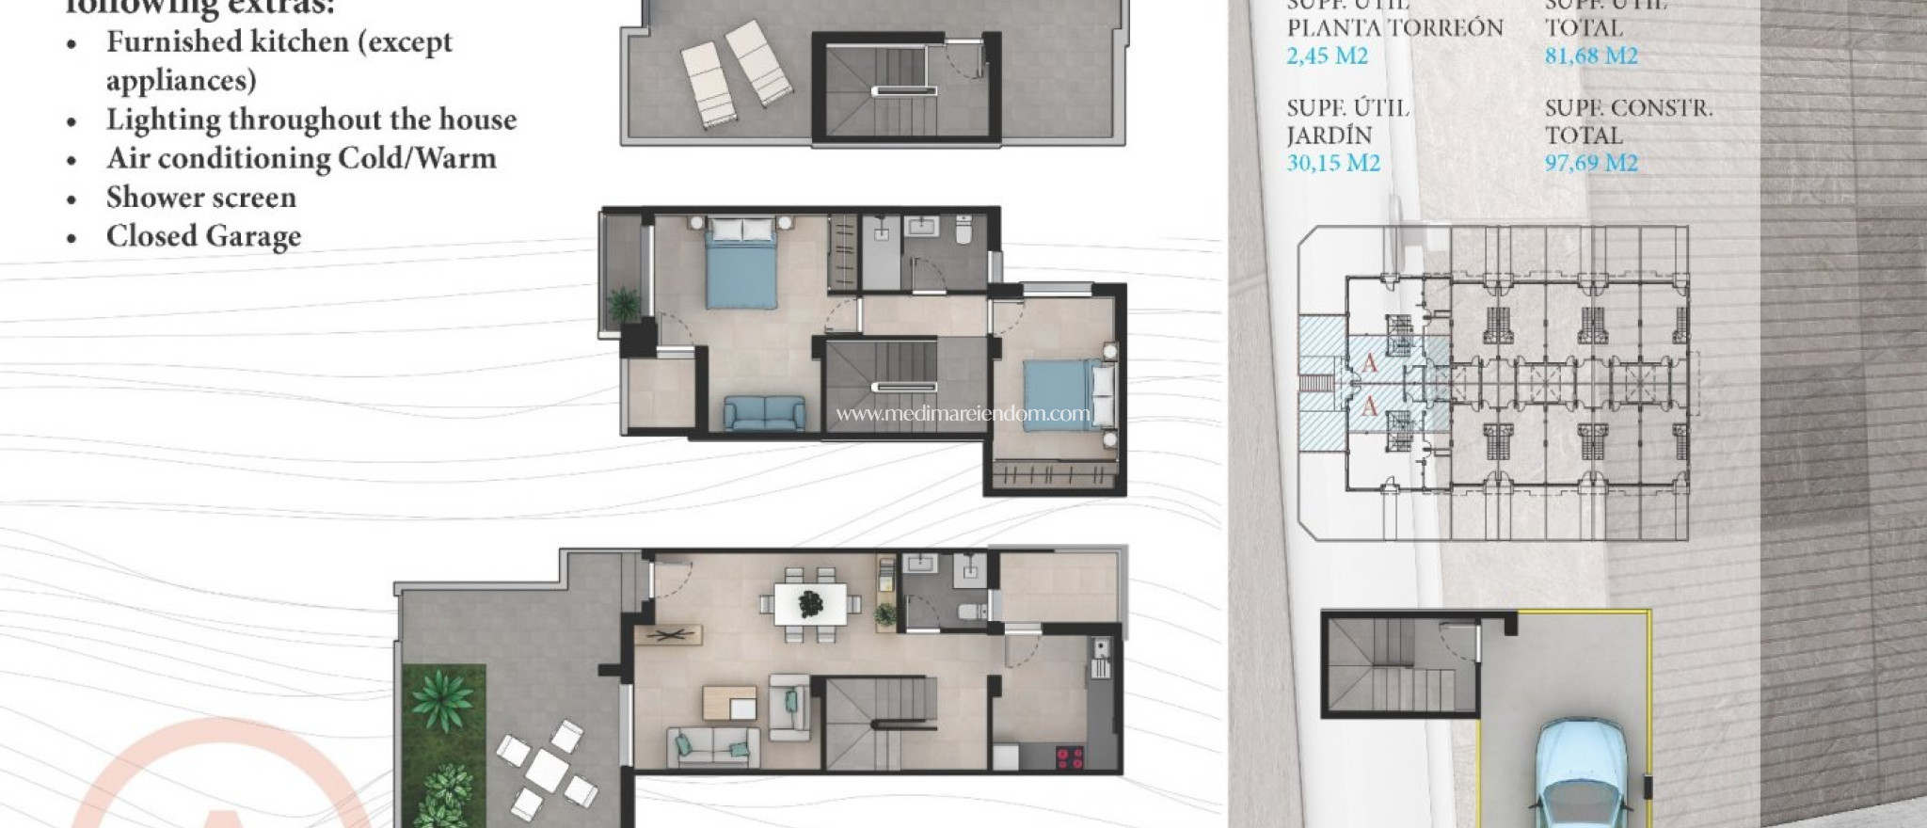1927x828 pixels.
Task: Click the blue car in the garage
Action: [1580, 776]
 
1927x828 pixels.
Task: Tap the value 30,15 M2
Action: [1333, 163]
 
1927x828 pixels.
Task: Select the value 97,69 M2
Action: [1591, 163]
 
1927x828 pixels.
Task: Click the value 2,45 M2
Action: [1327, 56]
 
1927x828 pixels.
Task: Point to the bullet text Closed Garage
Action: [203, 236]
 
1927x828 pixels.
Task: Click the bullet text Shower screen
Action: [200, 198]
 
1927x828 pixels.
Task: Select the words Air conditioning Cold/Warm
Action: [301, 158]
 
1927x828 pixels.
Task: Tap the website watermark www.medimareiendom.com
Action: [962, 413]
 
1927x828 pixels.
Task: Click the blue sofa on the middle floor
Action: [764, 413]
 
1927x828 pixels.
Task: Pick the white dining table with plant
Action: [810, 602]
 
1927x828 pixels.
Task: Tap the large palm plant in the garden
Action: [442, 698]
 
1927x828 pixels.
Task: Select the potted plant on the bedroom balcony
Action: [623, 304]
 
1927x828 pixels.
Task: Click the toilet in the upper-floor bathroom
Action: [963, 230]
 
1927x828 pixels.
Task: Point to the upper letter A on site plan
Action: [1370, 362]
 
